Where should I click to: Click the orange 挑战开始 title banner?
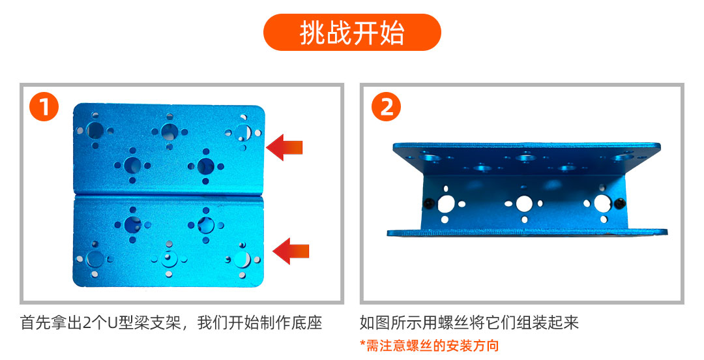352,33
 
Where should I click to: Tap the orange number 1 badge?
44,107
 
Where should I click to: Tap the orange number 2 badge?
386,107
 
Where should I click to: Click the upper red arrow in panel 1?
284,147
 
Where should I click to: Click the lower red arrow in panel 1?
291,251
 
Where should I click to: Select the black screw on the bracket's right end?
619,203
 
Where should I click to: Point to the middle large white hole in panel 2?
524,203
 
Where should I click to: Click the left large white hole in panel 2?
447,204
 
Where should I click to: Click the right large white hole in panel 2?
602,203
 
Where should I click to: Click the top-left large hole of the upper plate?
95,131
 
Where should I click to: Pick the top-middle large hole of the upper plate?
169,132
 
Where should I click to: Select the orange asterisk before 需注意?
362,344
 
